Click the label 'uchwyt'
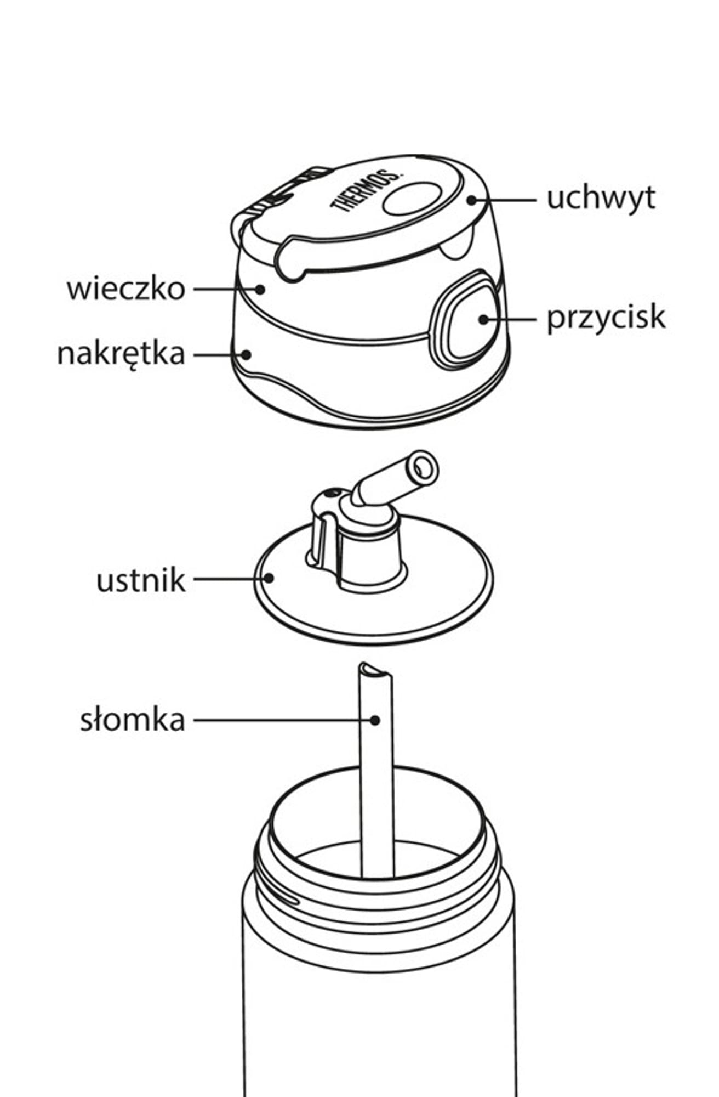coord(601,198)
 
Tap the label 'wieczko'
coord(126,289)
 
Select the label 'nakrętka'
coord(121,354)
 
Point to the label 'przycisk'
coord(606,318)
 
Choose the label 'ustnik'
coord(141,581)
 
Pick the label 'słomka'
coord(133,720)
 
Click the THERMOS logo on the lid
coord(366,190)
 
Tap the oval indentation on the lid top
coord(413,198)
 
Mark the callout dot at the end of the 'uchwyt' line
coord(472,200)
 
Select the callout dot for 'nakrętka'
coord(247,355)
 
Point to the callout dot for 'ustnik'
coord(269,578)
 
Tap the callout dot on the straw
coord(375,720)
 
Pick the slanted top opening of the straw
coord(375,670)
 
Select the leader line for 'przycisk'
coord(512,319)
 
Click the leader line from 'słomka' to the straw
coord(279,720)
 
